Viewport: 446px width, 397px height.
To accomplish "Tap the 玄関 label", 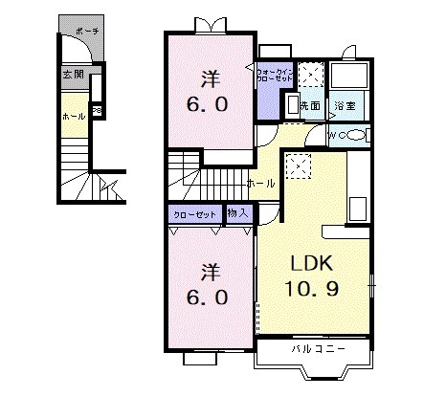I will click(74, 74).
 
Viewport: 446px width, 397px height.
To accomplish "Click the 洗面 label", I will click(309, 105).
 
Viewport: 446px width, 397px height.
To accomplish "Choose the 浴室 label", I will click(345, 105).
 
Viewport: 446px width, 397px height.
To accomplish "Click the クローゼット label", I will click(193, 214).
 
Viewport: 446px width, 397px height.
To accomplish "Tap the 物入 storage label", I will click(237, 214).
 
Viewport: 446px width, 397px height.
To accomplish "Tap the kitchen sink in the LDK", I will click(359, 207).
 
